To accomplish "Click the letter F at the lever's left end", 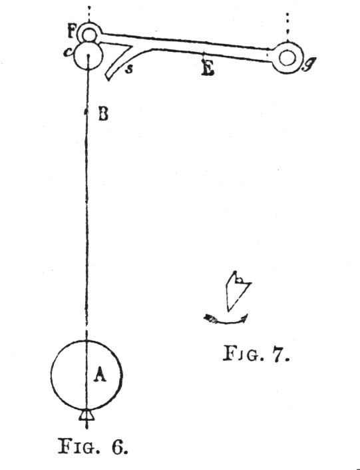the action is pos(72,31).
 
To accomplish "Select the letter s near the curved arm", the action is pos(129,69).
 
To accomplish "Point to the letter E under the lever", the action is pos(208,68).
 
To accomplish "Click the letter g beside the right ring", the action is pos(307,65).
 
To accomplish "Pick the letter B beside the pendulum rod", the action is pos(103,115).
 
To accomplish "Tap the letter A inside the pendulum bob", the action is pos(100,375).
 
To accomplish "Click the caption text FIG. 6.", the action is pos(93,446).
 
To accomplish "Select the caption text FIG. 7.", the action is pos(256,353).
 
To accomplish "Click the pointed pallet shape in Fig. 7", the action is pos(237,291).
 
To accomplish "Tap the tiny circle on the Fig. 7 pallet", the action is pos(240,280).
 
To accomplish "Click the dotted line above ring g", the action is pos(287,27).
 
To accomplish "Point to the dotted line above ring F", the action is pos(89,14).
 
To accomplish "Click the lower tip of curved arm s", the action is pos(108,79).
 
